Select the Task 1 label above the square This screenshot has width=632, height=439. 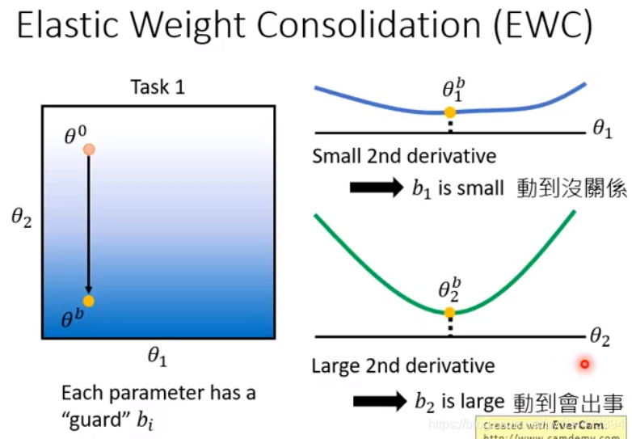point(158,87)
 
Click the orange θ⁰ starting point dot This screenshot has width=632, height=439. point(89,150)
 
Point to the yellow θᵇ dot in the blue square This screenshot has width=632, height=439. point(88,301)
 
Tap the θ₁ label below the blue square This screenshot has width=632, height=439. point(158,355)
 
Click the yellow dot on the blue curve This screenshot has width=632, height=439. point(450,112)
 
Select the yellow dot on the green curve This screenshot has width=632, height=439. point(450,311)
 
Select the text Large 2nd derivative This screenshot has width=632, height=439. point(402,366)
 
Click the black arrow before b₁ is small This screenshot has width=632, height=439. point(377,188)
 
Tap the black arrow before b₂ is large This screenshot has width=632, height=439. point(380,401)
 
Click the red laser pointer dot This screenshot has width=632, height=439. point(584,365)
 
